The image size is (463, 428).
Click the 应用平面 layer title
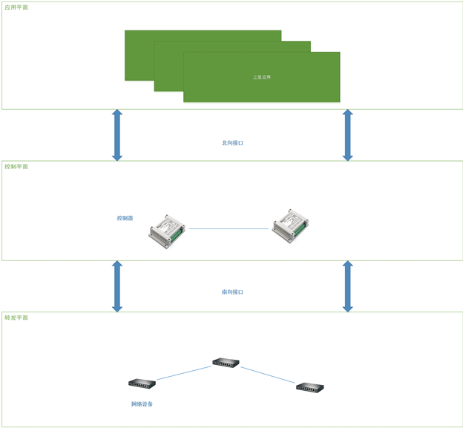16,7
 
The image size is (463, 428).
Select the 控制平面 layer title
16,167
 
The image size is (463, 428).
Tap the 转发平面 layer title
16,317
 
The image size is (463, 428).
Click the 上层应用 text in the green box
261,77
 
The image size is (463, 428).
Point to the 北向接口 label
232,143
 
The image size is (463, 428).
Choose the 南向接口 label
232,292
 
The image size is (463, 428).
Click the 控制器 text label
125,218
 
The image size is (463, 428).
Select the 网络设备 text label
142,404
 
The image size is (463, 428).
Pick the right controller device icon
290,225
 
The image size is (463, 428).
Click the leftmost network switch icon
142,383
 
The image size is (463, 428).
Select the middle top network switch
226,362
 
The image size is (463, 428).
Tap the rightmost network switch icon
310,387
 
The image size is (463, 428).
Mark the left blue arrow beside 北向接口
116,135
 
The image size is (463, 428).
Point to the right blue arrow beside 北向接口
347,135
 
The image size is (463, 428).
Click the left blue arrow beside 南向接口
116,286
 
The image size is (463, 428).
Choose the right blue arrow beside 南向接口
347,286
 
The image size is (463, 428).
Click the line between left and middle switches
184,372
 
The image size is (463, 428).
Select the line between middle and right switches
268,375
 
